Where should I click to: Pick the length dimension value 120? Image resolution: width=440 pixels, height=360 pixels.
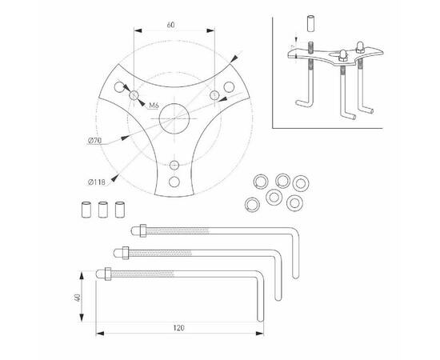(x=179, y=328)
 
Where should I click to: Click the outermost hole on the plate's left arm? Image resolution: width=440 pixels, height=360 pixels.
(x=119, y=86)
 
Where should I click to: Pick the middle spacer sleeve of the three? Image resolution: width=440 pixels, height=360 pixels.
(x=103, y=212)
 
